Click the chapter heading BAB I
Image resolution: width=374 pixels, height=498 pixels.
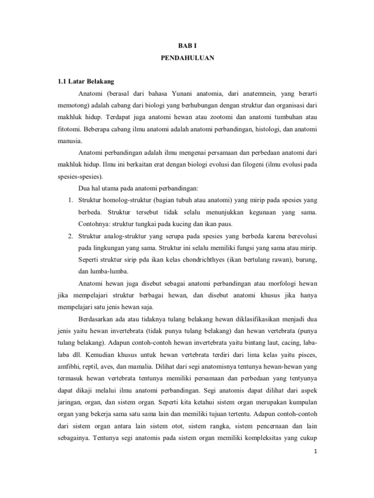(187, 42)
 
